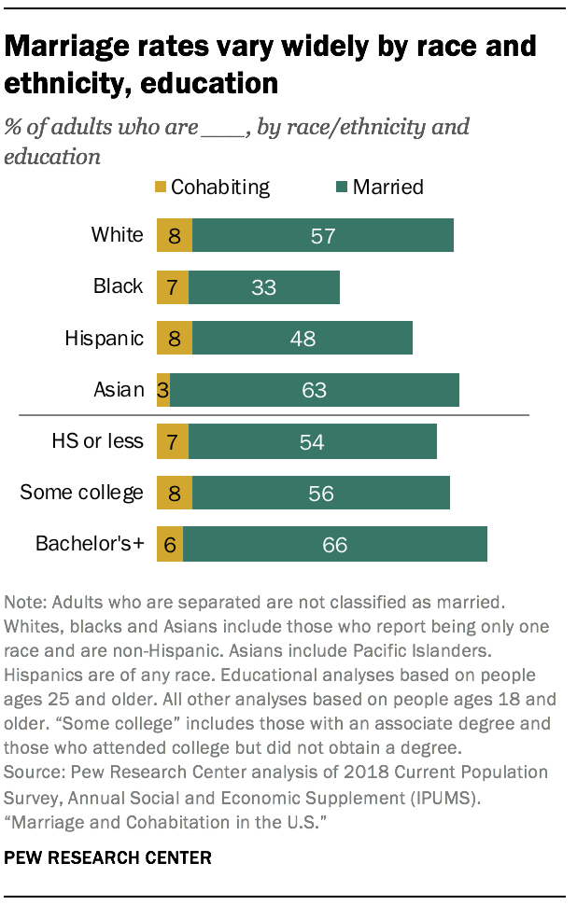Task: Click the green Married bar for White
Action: tap(322, 235)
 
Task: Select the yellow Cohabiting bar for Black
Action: tap(173, 286)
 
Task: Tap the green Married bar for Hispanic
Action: tap(302, 338)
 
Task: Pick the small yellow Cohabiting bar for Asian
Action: tap(163, 390)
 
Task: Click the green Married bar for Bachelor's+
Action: tap(334, 545)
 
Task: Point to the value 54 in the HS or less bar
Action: tap(312, 442)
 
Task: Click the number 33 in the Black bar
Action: tap(264, 286)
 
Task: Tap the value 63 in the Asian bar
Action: tap(314, 390)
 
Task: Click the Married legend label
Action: tap(387, 188)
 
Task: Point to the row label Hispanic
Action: tap(104, 338)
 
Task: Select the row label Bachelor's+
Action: tap(90, 545)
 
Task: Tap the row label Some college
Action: tap(82, 494)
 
